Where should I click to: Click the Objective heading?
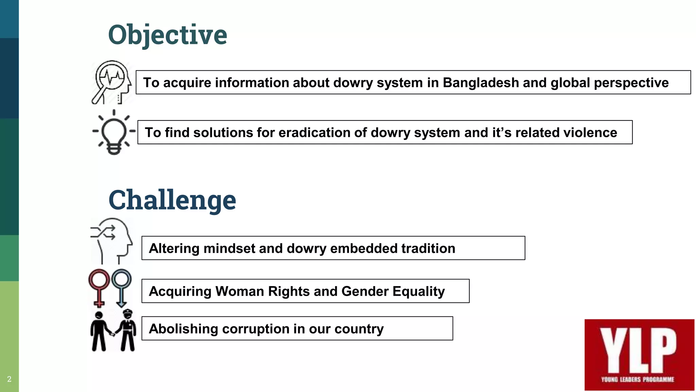pyautogui.click(x=168, y=35)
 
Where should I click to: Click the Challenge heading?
pyautogui.click(x=172, y=200)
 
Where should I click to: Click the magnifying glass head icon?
pyautogui.click(x=111, y=82)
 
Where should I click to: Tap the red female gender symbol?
pyautogui.click(x=99, y=288)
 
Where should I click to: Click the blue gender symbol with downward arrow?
pyautogui.click(x=121, y=288)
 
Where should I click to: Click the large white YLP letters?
pyautogui.click(x=638, y=350)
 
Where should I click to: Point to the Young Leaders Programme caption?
pyautogui.click(x=638, y=379)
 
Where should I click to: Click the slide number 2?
pyautogui.click(x=9, y=379)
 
